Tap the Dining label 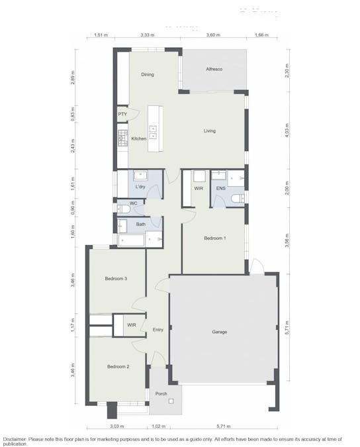pyautogui.click(x=148, y=75)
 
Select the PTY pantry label pyautogui.click(x=122, y=115)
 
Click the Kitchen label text pyautogui.click(x=139, y=138)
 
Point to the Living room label pyautogui.click(x=209, y=131)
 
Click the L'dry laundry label pyautogui.click(x=140, y=188)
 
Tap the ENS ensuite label pyautogui.click(x=221, y=189)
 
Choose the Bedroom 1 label pyautogui.click(x=214, y=238)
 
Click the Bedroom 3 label pyautogui.click(x=116, y=279)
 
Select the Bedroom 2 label pyautogui.click(x=118, y=366)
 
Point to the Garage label pyautogui.click(x=220, y=332)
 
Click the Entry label pyautogui.click(x=157, y=330)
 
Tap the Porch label pyautogui.click(x=161, y=394)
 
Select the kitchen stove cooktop pyautogui.click(x=122, y=138)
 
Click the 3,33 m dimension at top pyautogui.click(x=148, y=34)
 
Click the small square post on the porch pyautogui.click(x=171, y=401)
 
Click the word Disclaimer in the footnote pyautogui.click(x=15, y=438)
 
